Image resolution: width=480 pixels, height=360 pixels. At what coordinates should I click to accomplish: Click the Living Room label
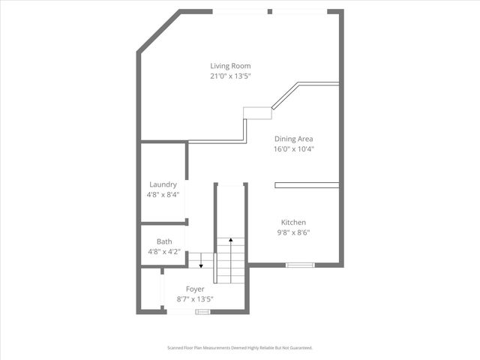(x=230, y=66)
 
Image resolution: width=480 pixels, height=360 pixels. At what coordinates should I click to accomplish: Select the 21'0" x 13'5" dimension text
(x=230, y=76)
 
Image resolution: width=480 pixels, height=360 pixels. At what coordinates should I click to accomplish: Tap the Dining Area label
(x=294, y=139)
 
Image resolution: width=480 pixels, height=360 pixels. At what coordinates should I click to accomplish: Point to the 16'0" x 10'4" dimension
(x=294, y=149)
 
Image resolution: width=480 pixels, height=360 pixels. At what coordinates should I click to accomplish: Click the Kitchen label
(x=293, y=222)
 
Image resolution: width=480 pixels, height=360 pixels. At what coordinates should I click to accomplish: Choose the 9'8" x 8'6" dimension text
(x=293, y=232)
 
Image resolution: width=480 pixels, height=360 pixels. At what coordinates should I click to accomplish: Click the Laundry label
(x=163, y=184)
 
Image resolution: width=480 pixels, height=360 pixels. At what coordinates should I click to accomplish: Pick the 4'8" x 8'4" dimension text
(x=163, y=195)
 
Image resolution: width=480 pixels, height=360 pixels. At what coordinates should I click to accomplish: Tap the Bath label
(x=164, y=241)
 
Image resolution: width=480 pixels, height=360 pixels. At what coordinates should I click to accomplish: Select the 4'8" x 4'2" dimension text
(x=163, y=252)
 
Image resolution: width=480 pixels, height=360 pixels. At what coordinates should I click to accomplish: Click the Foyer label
(x=195, y=289)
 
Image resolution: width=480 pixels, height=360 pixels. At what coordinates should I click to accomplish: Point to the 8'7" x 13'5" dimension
(x=195, y=299)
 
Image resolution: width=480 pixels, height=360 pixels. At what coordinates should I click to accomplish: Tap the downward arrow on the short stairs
(x=200, y=260)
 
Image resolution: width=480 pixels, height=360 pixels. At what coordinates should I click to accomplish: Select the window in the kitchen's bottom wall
(x=300, y=265)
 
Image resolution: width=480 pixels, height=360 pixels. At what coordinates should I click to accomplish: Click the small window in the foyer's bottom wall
(x=202, y=310)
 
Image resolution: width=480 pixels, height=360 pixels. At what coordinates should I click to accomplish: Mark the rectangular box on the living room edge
(x=257, y=112)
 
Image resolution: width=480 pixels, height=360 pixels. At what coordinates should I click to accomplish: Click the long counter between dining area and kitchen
(x=307, y=184)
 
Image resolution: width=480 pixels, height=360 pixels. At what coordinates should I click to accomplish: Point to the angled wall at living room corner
(x=159, y=31)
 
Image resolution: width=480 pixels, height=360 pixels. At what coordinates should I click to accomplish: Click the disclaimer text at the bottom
(x=239, y=348)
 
